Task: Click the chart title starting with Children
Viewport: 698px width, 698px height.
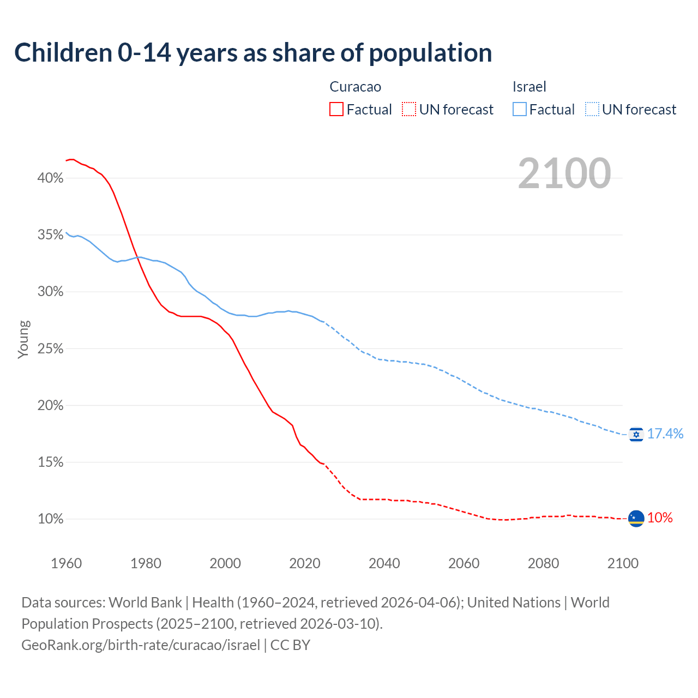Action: click(253, 53)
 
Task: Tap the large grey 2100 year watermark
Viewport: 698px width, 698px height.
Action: click(564, 173)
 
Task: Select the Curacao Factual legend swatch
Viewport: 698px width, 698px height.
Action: click(336, 110)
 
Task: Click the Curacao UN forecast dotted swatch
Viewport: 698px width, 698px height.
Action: click(409, 110)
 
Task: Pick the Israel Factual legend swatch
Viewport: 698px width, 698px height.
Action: click(520, 110)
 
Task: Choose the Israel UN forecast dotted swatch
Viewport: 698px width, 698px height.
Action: click(592, 110)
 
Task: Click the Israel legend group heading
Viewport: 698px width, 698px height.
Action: click(529, 87)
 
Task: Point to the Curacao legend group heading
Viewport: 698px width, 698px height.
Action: click(355, 87)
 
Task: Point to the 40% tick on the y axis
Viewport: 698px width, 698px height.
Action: click(50, 178)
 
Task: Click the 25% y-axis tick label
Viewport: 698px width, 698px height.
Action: click(50, 348)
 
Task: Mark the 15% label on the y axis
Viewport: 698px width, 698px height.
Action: click(50, 462)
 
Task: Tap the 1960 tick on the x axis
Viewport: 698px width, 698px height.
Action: click(66, 563)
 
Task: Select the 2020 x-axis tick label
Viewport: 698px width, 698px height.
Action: click(304, 563)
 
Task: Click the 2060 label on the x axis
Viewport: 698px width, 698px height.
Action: click(464, 563)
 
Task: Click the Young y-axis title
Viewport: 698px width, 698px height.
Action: click(23, 339)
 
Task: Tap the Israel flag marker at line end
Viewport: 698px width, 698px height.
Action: click(636, 434)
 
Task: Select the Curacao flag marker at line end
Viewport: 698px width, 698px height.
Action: click(636, 518)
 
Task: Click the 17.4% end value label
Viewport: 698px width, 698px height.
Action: click(665, 434)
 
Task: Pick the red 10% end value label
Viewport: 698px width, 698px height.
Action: click(660, 518)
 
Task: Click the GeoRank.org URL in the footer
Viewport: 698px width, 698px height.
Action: click(141, 645)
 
